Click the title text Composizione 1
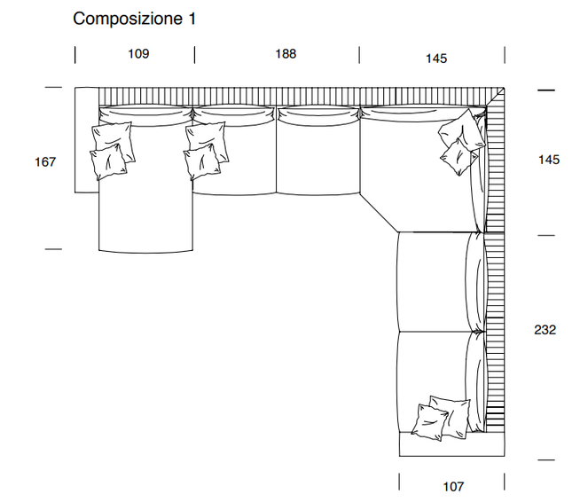[134, 19]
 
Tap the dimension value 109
[138, 54]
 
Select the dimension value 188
[286, 54]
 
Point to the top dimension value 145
[435, 59]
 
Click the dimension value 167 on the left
[45, 161]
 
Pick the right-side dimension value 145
[548, 160]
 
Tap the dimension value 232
[545, 329]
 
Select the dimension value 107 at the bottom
[452, 486]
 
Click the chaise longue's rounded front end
[145, 241]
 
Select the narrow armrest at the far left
[85, 139]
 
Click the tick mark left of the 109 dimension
[75, 55]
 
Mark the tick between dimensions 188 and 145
[359, 55]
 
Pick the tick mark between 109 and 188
[194, 55]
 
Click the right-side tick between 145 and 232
[545, 235]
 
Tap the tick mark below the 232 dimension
[545, 459]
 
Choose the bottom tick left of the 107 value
[399, 482]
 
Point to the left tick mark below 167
[54, 249]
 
